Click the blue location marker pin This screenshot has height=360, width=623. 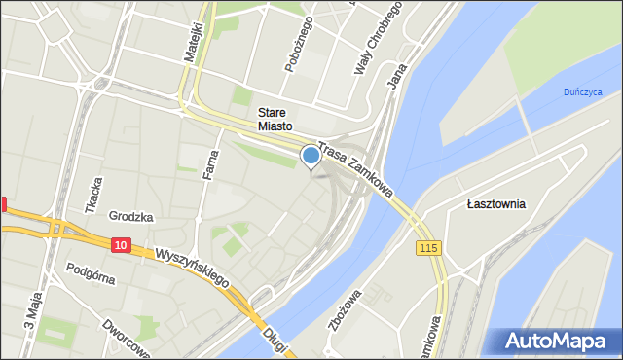pos(311,156)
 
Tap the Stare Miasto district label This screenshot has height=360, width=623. pos(275,118)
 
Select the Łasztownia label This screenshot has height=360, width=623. pos(495,204)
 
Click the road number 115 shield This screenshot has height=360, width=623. pos(429,249)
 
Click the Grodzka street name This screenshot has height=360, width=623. pos(131,217)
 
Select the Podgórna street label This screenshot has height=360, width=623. pos(91,272)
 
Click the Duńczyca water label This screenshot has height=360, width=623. pos(583,92)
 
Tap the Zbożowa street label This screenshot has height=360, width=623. pos(345,308)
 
